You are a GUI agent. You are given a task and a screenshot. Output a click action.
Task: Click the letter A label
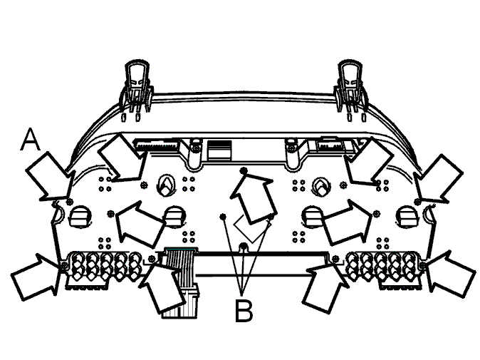(31, 140)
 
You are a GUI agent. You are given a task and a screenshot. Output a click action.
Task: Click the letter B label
(244, 311)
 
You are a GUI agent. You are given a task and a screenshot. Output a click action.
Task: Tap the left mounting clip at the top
(137, 89)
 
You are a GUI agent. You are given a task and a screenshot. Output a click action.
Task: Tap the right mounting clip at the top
(351, 89)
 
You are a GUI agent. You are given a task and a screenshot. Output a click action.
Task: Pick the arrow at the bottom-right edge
(451, 274)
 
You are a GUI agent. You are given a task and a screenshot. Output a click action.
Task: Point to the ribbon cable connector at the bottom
(180, 282)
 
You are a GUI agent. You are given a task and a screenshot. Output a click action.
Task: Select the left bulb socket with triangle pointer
(167, 185)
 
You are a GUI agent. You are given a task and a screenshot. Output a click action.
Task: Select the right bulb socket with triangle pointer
(321, 185)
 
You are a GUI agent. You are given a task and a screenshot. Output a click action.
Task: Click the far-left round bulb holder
(80, 216)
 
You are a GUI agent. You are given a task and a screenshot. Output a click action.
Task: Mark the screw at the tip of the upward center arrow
(244, 170)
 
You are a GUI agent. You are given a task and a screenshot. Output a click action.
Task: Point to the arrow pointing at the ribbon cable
(162, 287)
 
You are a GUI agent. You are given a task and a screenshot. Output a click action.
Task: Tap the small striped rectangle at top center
(219, 150)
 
